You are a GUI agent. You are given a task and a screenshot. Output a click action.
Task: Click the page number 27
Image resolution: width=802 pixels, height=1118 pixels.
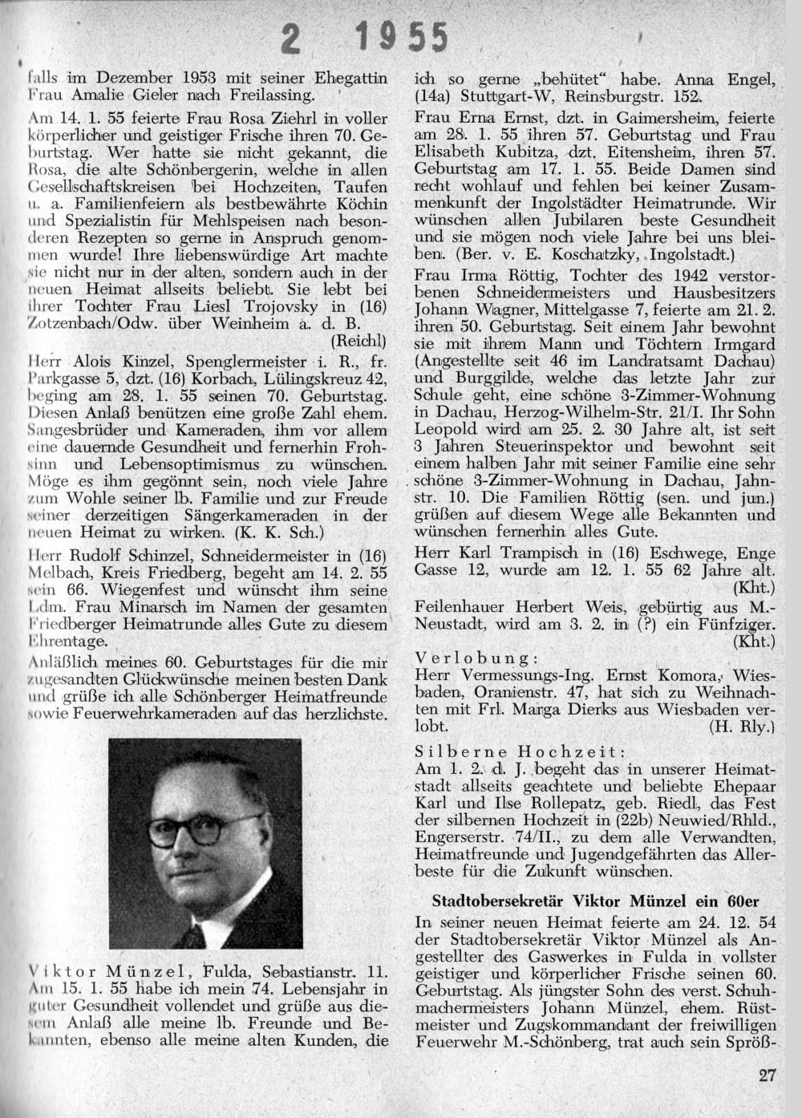click(767, 1075)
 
